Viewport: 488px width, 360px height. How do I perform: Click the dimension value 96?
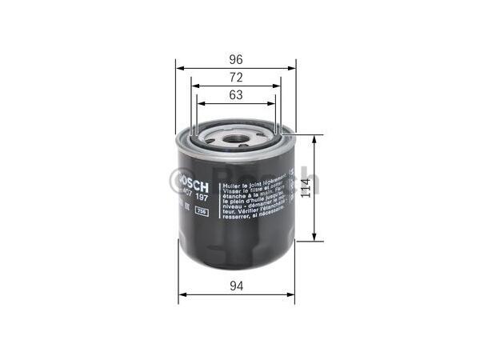(235, 58)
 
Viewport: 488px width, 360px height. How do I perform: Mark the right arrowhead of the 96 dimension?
(293, 66)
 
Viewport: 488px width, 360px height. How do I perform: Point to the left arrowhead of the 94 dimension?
(181, 294)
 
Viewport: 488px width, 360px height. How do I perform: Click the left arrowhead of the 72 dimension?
(194, 86)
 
